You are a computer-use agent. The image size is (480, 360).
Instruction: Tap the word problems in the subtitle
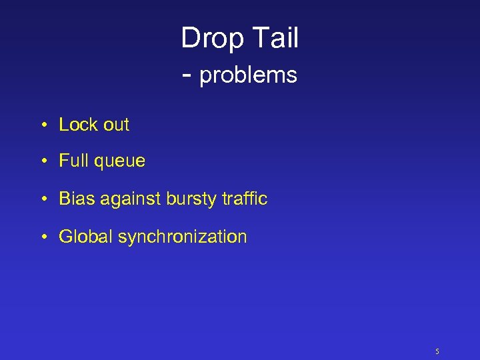click(x=248, y=76)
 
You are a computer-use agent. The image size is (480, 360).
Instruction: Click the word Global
click(x=86, y=237)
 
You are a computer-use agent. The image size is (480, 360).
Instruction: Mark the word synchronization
click(x=183, y=237)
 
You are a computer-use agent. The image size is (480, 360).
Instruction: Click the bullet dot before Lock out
click(x=42, y=125)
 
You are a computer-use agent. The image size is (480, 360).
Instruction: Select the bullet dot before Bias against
click(x=42, y=199)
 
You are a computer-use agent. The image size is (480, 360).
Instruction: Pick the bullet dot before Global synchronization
click(x=42, y=237)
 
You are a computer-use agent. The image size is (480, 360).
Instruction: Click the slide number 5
click(x=437, y=351)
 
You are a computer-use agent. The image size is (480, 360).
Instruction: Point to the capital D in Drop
click(x=190, y=38)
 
